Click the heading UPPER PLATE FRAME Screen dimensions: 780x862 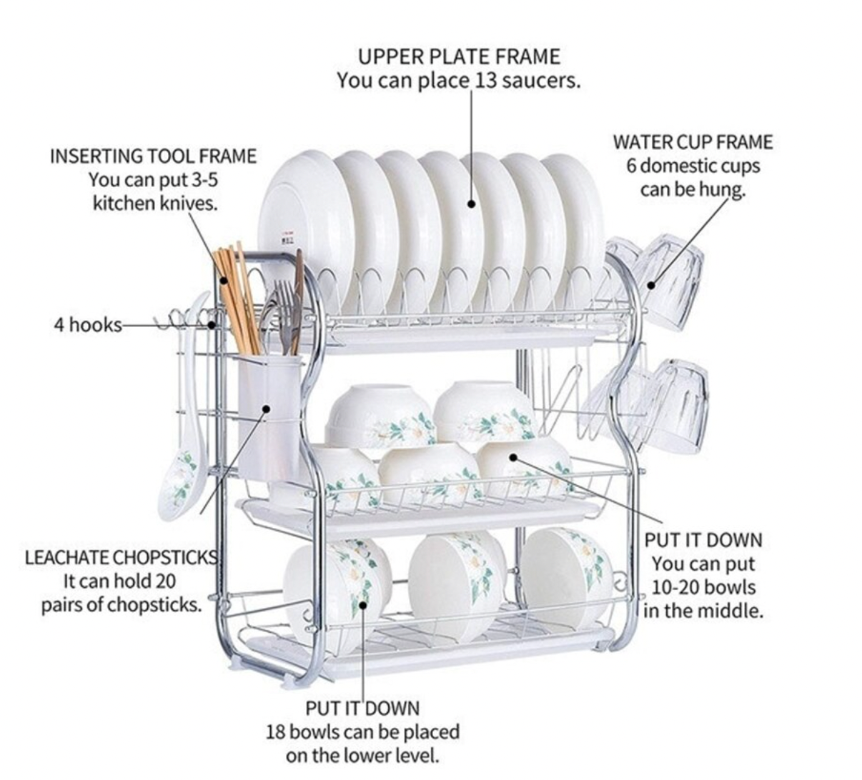459,56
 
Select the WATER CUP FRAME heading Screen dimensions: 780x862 693,142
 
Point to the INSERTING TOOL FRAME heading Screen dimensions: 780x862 153,156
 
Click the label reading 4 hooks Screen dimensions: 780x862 87,325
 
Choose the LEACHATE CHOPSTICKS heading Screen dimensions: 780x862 121,557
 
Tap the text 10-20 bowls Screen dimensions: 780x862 703,587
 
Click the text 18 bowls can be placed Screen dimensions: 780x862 362,732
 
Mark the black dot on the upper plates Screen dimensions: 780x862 472,204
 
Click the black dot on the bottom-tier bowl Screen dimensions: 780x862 363,604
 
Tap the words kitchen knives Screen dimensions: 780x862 155,204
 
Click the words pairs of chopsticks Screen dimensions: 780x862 120,605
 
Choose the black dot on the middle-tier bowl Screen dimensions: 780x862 512,456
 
